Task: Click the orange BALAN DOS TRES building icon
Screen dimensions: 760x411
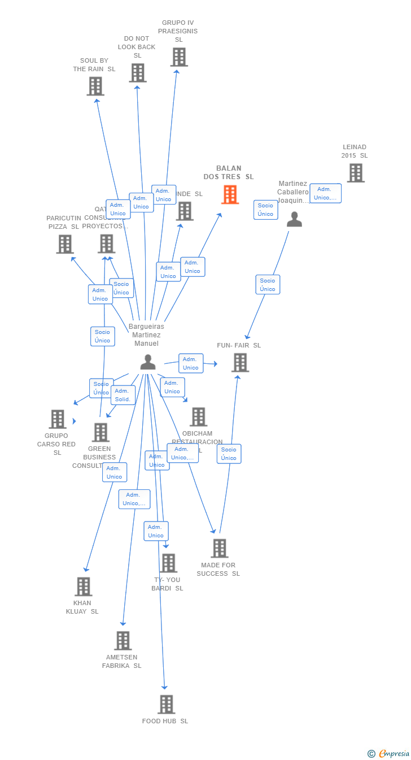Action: coord(230,194)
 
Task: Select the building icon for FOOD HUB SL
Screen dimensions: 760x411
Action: coord(166,704)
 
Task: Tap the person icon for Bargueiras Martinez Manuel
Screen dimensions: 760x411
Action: coord(148,362)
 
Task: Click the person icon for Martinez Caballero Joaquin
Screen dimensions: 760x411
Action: coord(294,219)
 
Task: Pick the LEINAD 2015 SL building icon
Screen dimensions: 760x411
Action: coord(355,173)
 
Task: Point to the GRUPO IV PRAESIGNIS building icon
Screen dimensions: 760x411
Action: coord(179,57)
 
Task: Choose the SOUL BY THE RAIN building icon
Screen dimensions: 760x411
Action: coord(95,86)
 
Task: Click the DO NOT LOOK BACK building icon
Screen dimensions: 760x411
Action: coord(138,73)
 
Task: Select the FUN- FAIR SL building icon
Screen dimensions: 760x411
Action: coord(240,362)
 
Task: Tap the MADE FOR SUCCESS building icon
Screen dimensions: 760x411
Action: coord(219,548)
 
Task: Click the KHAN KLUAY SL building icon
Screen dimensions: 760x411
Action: coord(84,587)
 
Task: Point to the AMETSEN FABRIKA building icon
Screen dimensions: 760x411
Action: coord(123,641)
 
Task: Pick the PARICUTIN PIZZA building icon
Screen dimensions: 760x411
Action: coord(65,244)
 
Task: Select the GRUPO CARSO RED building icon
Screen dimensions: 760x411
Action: coord(58,419)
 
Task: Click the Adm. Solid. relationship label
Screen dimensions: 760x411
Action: coord(123,395)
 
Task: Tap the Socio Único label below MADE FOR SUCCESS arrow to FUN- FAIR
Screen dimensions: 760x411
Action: coord(229,454)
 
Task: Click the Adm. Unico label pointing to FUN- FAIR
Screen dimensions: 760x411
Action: coord(191,363)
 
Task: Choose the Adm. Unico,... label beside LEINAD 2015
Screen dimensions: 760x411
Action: coord(325,193)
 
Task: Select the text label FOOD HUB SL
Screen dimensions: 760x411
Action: coord(165,721)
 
